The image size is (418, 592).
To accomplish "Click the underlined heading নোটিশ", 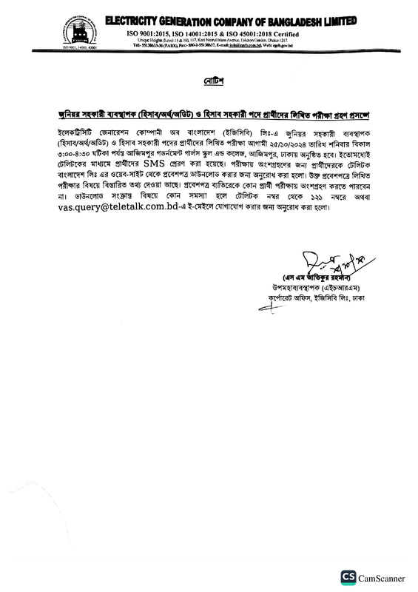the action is [209, 78].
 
